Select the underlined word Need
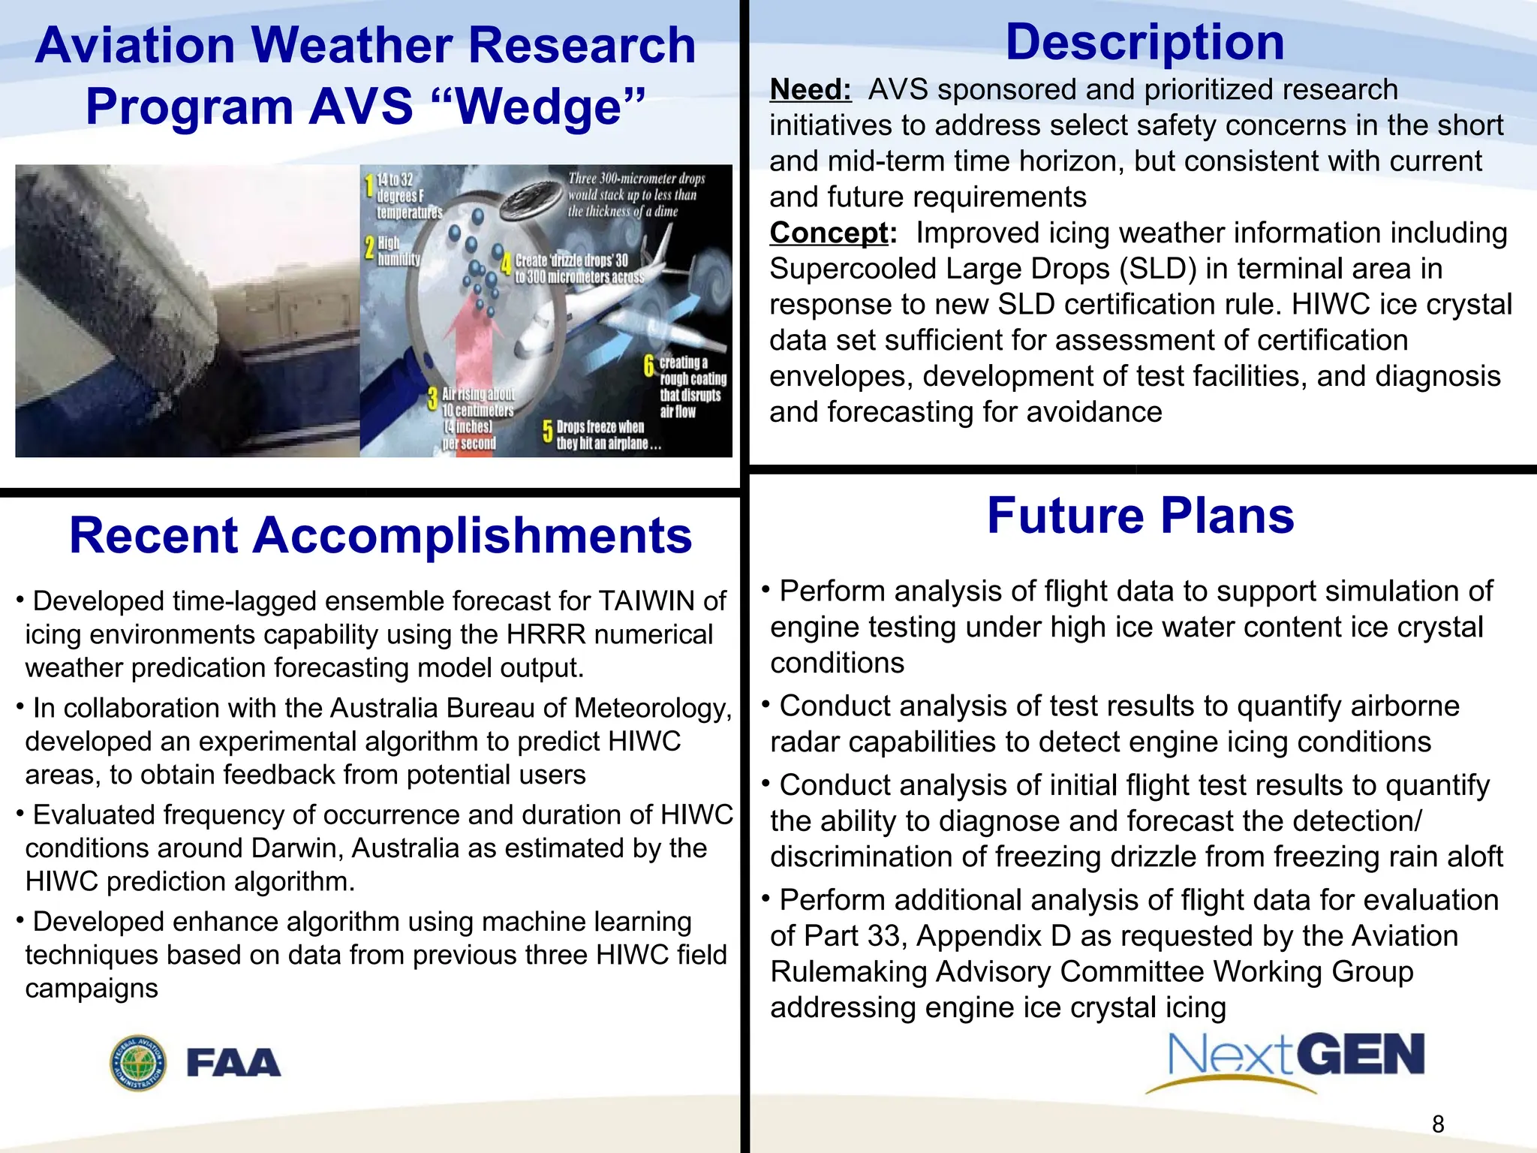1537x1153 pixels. click(810, 90)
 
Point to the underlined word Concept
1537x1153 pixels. click(829, 233)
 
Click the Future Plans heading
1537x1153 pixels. click(1140, 516)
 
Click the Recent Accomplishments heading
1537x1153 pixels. click(380, 536)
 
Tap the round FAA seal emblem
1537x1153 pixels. click(139, 1063)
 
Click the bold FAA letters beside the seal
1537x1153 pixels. click(233, 1063)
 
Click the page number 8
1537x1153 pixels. click(1438, 1124)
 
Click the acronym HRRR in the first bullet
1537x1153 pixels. click(546, 635)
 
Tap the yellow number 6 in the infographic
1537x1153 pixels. click(649, 366)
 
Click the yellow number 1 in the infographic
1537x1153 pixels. click(368, 185)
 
